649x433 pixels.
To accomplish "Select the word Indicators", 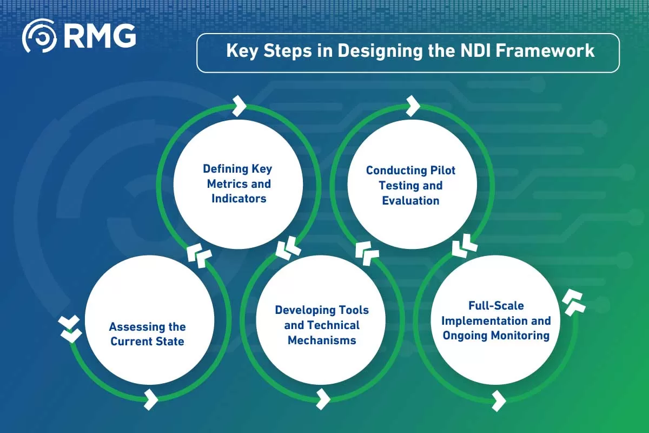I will (239, 199).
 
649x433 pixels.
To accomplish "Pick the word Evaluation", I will (410, 201).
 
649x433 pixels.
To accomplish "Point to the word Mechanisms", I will (322, 340).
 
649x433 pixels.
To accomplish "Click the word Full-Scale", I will (496, 306).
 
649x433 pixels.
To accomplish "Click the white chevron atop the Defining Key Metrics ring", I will (239, 106).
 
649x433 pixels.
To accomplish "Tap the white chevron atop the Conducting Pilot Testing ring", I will (412, 106).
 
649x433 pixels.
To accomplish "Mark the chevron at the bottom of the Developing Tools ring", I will (323, 399).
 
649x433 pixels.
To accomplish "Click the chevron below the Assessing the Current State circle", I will (151, 400).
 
